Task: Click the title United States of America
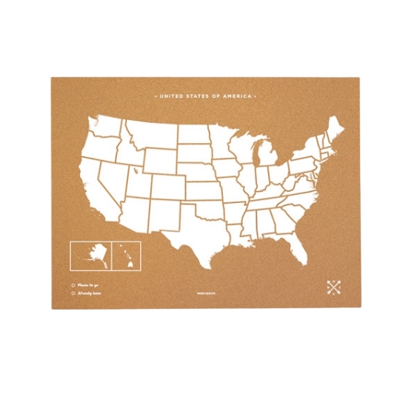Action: [204, 96]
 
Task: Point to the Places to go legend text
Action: [87, 283]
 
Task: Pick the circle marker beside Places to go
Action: [72, 283]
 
